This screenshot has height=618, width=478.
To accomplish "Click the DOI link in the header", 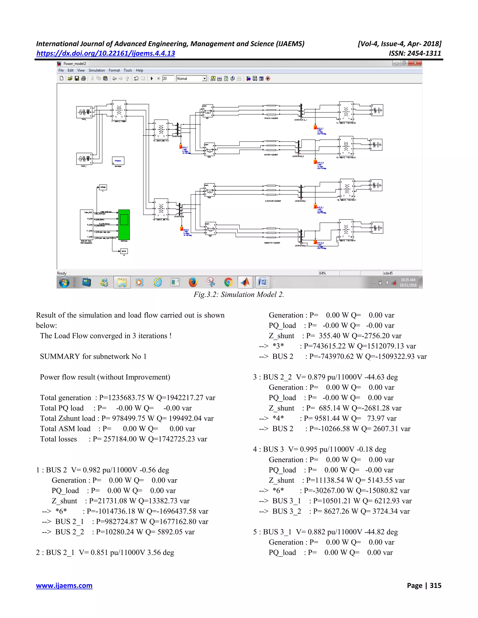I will point(106,53).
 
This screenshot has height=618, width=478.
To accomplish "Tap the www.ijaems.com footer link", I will point(64,585).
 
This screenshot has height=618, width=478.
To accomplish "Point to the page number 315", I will point(435,585).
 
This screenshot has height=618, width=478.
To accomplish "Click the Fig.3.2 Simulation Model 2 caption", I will point(239,295).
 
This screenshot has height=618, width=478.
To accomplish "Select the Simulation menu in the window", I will point(97,70).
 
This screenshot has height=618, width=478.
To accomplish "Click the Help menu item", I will point(139,70).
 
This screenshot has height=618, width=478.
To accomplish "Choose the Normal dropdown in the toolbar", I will point(191,79).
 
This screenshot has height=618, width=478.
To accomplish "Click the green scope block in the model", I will point(124,225).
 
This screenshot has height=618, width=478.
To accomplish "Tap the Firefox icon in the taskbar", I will point(193,282).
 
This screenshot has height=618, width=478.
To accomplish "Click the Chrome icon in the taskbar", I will point(228,282).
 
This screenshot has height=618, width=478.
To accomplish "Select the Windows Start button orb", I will point(64,282).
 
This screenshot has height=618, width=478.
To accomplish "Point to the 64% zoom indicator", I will point(323,273).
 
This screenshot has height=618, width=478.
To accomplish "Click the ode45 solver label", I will point(388,273).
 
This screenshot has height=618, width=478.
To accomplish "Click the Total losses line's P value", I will point(119,439).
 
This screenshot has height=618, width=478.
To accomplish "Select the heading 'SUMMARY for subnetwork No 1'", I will point(93,356).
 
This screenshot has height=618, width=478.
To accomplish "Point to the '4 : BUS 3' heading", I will point(268,449).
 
